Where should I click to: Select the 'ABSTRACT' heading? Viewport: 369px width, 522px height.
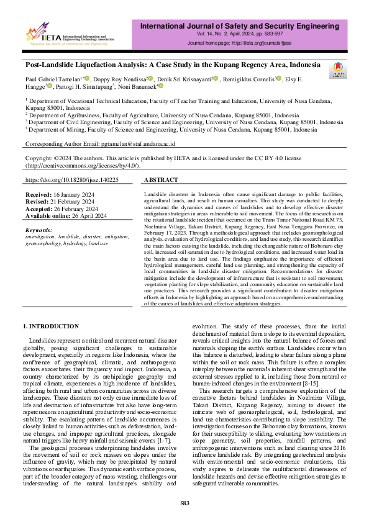click(x=162, y=179)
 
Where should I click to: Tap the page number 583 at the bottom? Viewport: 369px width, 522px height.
click(x=184, y=502)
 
